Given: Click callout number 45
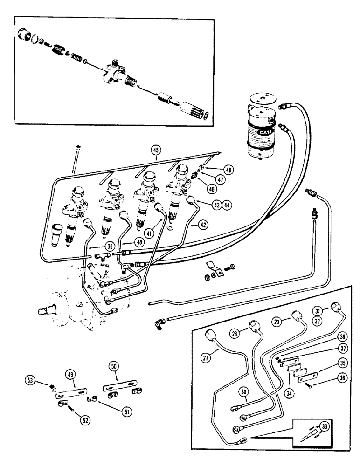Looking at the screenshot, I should (155, 150).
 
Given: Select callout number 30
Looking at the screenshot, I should (243, 392).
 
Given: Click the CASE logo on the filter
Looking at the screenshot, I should (264, 135).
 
